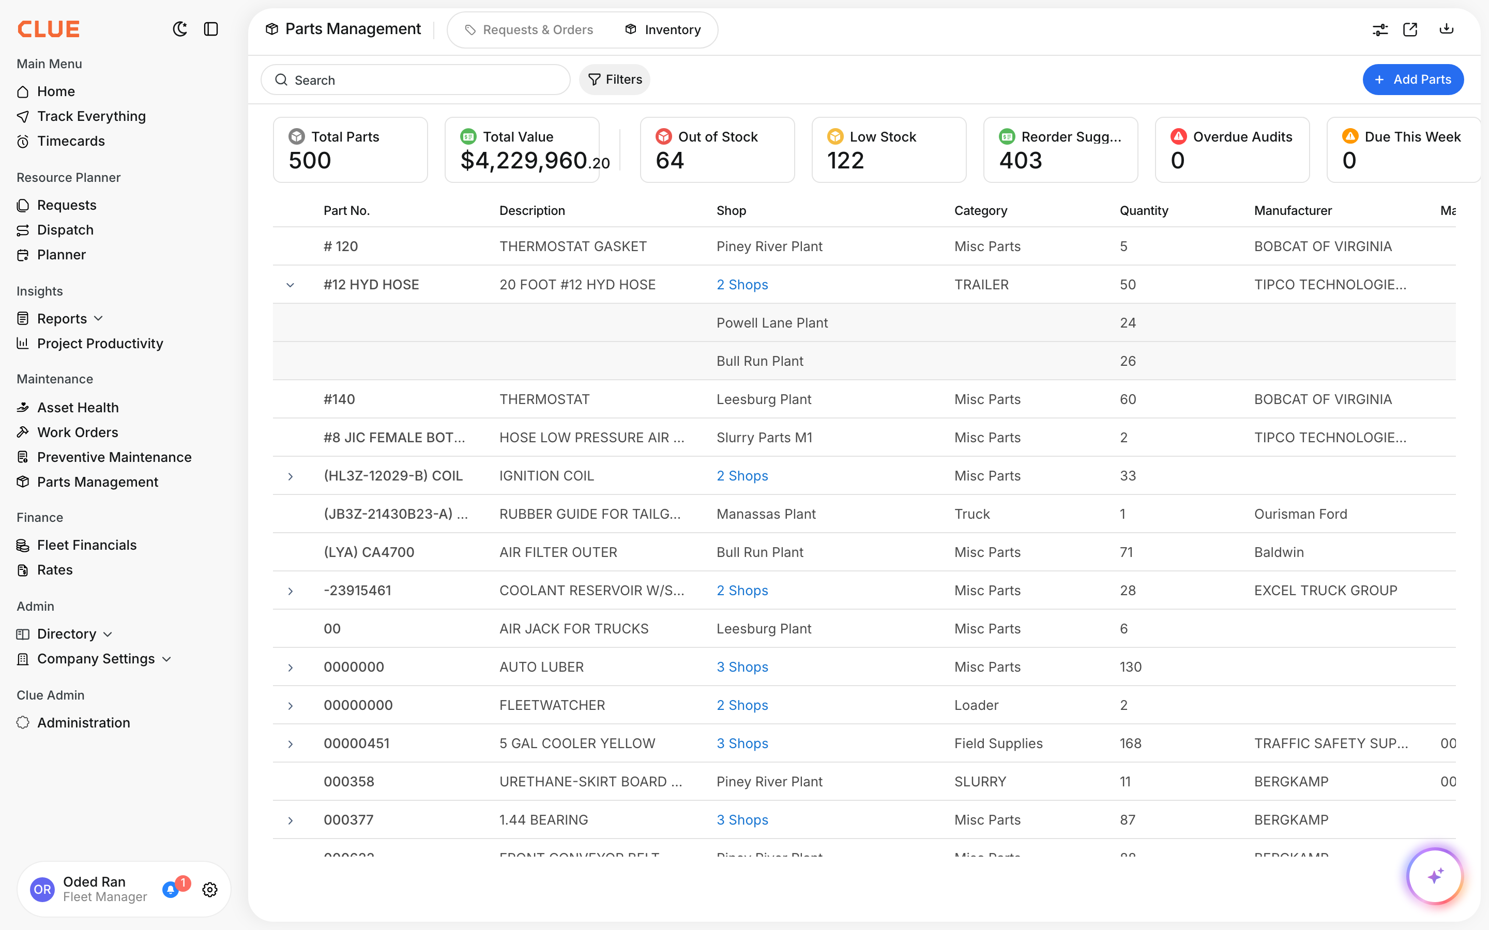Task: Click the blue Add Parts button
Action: tap(1412, 80)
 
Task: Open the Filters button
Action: tap(615, 80)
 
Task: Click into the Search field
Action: tap(424, 80)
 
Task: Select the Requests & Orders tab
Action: tap(529, 29)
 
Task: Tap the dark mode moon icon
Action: tap(180, 29)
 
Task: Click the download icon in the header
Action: tap(1446, 29)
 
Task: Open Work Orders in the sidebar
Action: tap(78, 432)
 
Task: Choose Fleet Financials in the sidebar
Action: tap(87, 545)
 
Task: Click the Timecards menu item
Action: tap(71, 141)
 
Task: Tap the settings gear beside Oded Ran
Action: tap(210, 889)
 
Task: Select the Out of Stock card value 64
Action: tap(670, 161)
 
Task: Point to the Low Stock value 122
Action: tap(845, 161)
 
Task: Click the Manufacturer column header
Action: tap(1293, 210)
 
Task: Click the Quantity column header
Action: tap(1143, 210)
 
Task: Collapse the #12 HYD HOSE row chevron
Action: tap(291, 285)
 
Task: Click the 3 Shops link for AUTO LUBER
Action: tap(742, 667)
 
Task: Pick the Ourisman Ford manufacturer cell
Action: tap(1300, 514)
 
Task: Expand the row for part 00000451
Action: tap(291, 743)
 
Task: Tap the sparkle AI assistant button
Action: tap(1435, 876)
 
